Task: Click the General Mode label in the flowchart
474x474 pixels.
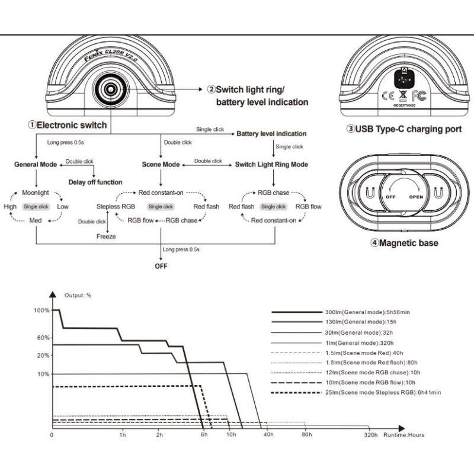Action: click(35, 164)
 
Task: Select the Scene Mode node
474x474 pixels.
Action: click(161, 164)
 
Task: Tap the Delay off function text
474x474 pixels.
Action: click(95, 182)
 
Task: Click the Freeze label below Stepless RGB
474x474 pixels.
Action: click(106, 236)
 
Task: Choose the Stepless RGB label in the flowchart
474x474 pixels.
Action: click(116, 206)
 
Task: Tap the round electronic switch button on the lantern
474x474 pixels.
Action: click(110, 88)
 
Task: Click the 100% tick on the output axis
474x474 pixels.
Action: click(42, 310)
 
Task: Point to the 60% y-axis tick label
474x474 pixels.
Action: click(43, 338)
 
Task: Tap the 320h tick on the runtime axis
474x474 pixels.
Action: click(371, 435)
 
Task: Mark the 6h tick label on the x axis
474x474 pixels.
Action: click(204, 435)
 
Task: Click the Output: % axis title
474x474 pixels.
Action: click(78, 295)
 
